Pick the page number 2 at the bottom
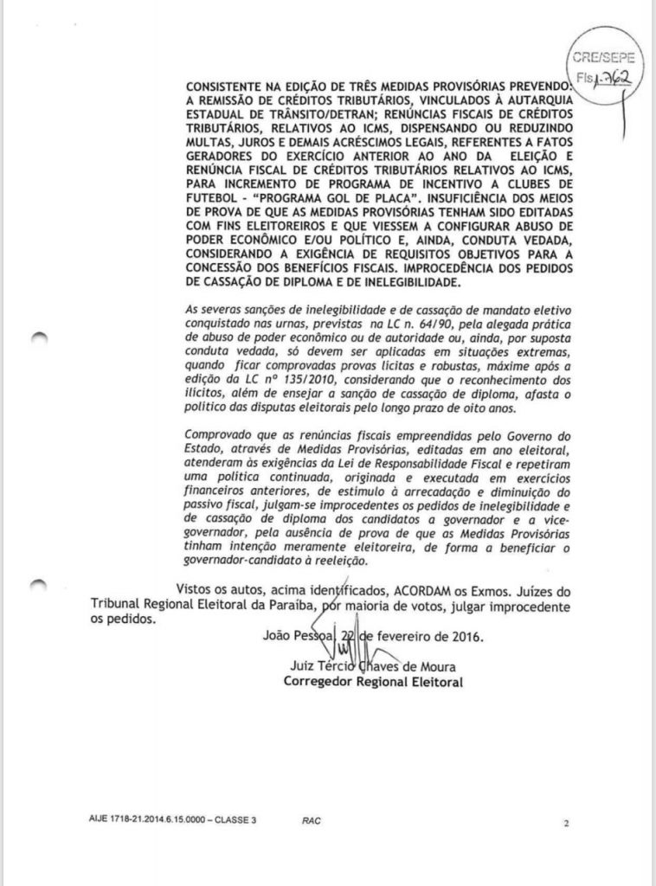(565, 824)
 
